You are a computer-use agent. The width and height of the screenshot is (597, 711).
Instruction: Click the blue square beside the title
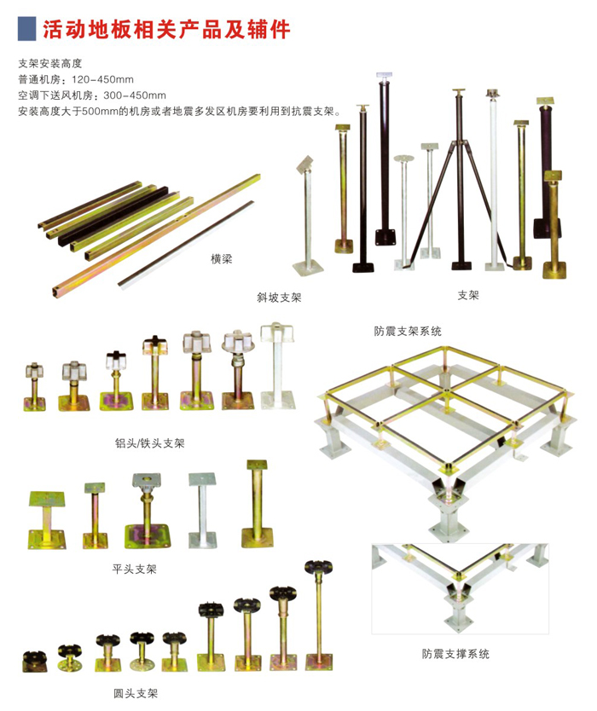(x=26, y=29)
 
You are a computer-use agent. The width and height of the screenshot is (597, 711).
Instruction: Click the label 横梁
(x=222, y=259)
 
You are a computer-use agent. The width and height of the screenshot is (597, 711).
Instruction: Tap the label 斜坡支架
(x=279, y=298)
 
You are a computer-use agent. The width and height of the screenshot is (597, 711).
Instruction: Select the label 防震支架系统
(x=408, y=331)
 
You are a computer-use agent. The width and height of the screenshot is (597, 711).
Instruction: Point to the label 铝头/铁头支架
(x=150, y=443)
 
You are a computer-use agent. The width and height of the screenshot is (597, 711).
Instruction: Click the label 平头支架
(x=134, y=569)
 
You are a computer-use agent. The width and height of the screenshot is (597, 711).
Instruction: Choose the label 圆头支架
(x=136, y=693)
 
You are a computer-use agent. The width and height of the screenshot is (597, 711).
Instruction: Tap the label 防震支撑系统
(x=455, y=653)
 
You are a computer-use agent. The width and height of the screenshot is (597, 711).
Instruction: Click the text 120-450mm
(x=102, y=79)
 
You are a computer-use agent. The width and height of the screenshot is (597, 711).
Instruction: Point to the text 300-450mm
(x=135, y=95)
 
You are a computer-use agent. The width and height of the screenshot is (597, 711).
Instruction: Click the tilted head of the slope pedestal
(x=305, y=165)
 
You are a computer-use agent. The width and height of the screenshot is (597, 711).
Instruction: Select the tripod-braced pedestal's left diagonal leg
(x=431, y=203)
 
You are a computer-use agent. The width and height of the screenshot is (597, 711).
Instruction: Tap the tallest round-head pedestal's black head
(x=318, y=566)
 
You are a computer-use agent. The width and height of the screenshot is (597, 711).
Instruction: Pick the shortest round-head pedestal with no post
(x=35, y=662)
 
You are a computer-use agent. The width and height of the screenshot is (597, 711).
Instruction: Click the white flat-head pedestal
(x=202, y=510)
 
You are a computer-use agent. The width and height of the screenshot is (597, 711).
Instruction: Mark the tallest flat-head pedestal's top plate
(x=257, y=465)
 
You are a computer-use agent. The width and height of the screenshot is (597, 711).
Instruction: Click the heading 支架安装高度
(x=50, y=63)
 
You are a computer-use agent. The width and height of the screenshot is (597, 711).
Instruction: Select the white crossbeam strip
(x=186, y=244)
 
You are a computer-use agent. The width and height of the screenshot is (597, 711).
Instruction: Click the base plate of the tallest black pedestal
(x=385, y=237)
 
